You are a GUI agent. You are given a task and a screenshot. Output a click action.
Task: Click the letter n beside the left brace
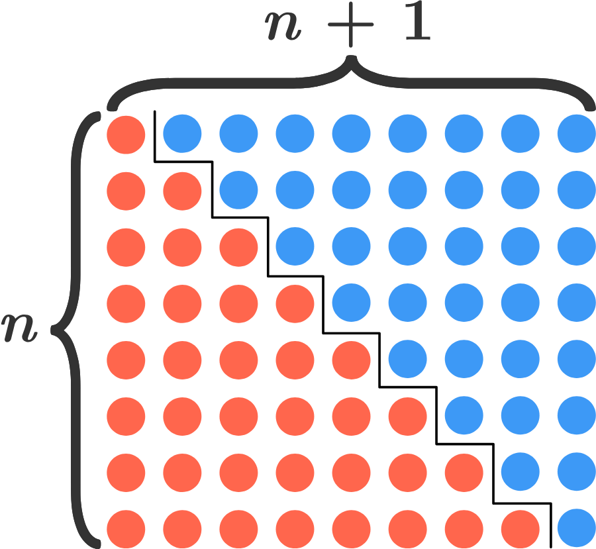coord(19,329)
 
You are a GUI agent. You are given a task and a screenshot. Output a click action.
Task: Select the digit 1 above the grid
coord(415,28)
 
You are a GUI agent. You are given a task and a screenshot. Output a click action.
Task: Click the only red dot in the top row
coord(126,134)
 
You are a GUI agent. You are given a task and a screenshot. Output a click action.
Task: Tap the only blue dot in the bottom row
coord(576,529)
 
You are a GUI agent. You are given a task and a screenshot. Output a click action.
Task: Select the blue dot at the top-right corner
coord(576,134)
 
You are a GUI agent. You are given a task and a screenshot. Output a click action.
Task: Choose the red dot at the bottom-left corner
coord(126,529)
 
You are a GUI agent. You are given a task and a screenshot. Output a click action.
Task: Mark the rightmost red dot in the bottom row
coord(520,529)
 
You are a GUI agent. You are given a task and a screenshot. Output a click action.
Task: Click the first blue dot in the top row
coord(182,134)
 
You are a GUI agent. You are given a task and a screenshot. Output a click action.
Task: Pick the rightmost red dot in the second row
coord(182,191)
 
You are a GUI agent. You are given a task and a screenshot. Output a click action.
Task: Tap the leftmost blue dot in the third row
coord(295,247)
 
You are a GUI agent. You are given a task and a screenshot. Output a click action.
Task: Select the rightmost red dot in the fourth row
coord(295,303)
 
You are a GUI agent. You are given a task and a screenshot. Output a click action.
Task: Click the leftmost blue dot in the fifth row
coord(407,360)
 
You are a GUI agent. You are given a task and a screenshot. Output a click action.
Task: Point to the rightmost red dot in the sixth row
coord(407,416)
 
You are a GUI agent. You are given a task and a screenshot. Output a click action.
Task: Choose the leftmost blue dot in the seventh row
coord(520,472)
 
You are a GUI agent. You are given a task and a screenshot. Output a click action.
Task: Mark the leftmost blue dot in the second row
coord(238,191)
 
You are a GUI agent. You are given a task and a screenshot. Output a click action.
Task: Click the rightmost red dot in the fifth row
coord(351,360)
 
